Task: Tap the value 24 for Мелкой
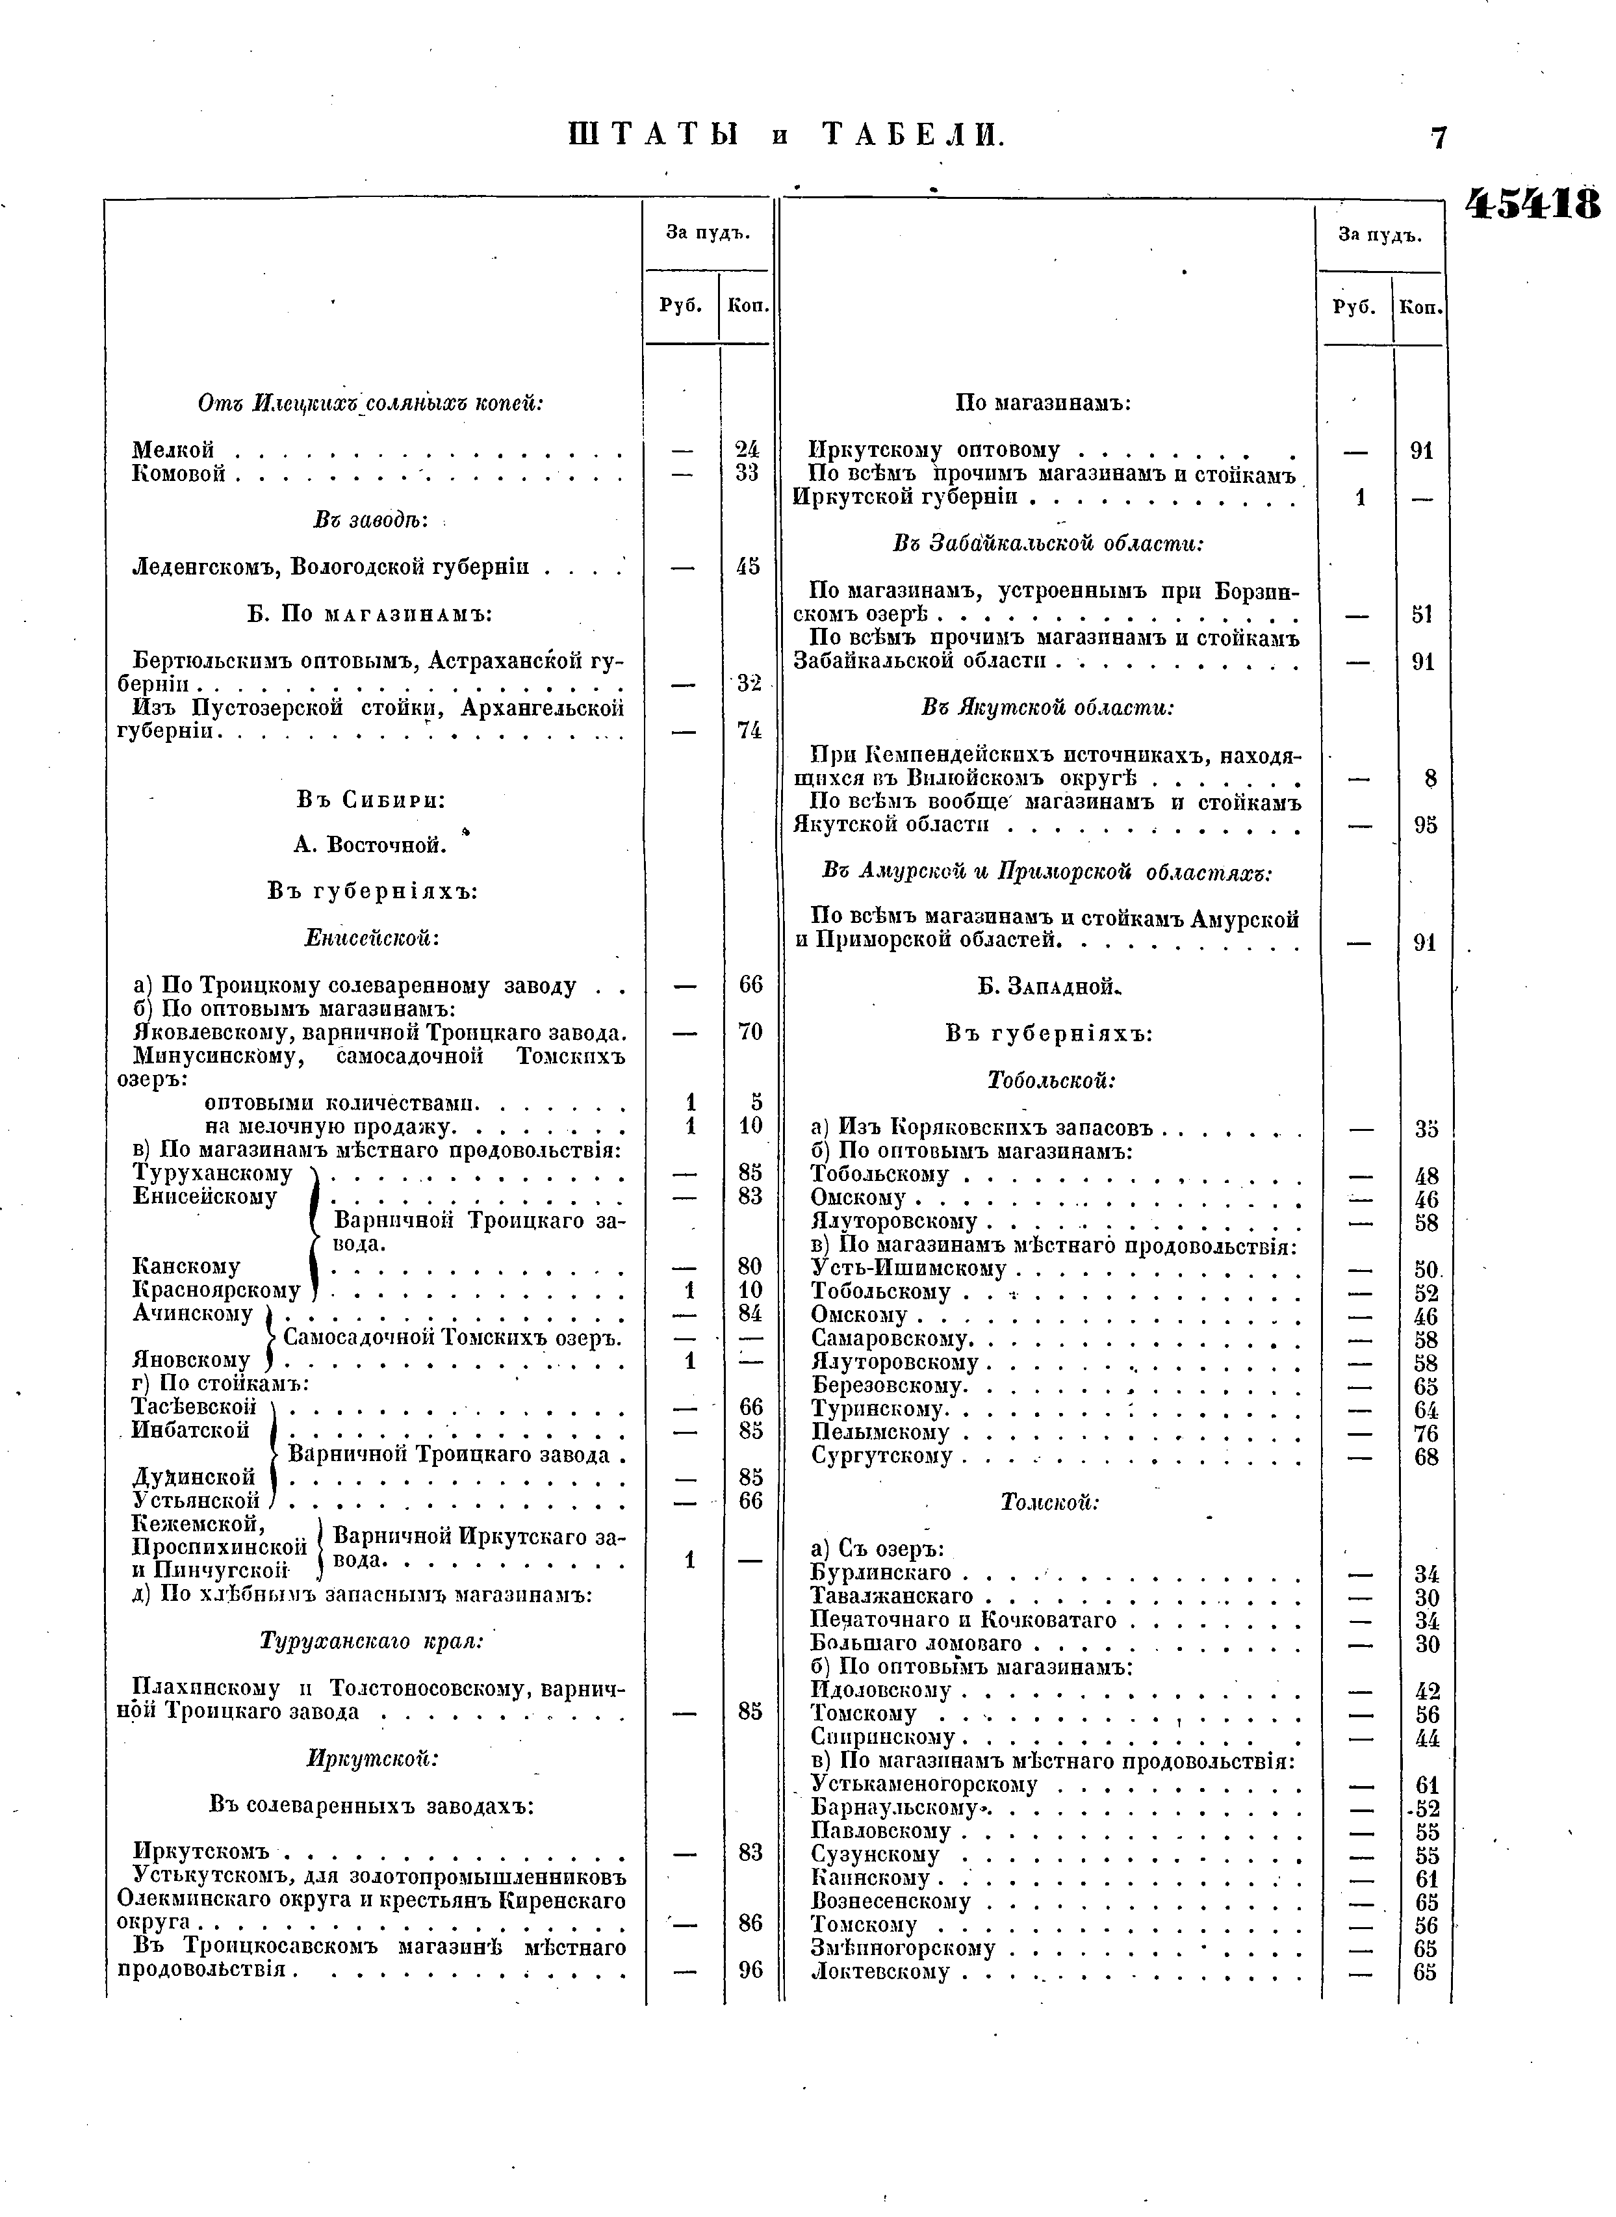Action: (747, 450)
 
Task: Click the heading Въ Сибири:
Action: (372, 799)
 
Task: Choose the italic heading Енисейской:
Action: (372, 937)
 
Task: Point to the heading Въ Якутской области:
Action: (1047, 707)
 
